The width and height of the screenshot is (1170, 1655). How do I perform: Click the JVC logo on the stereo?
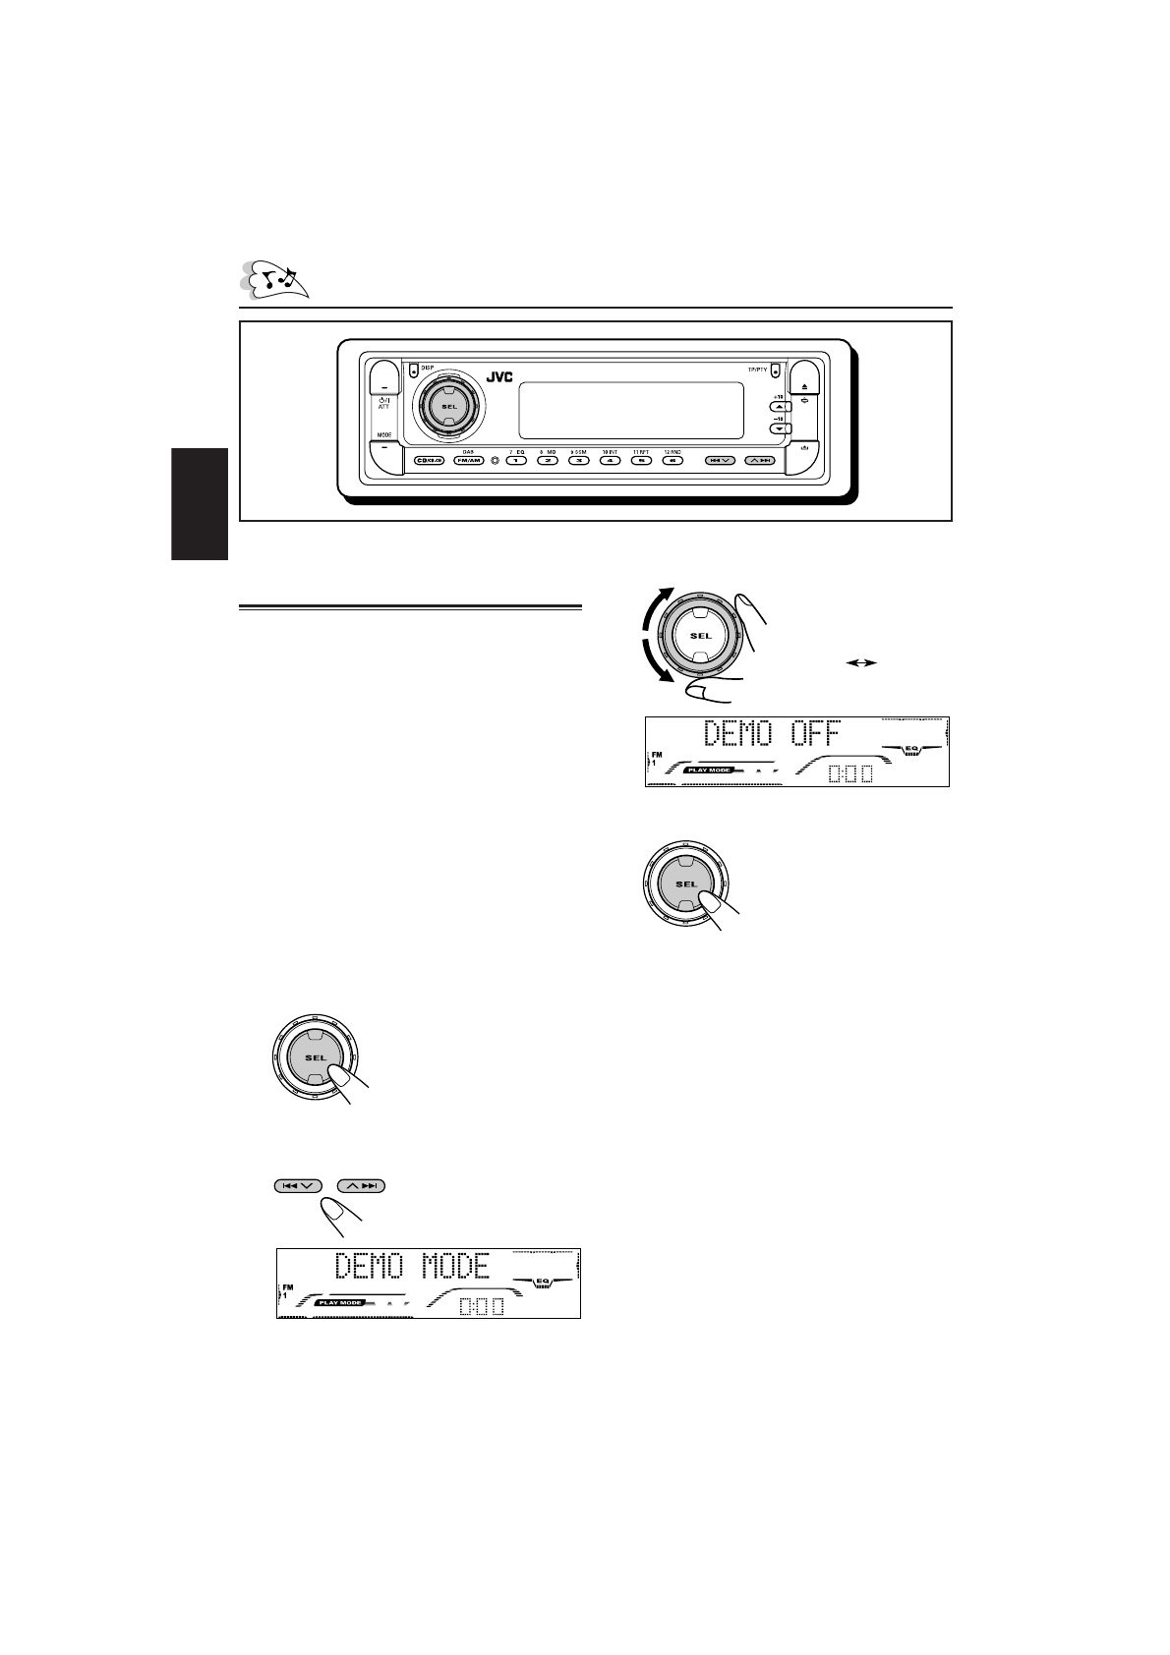coord(497,375)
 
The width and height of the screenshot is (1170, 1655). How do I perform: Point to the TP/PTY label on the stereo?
coord(757,369)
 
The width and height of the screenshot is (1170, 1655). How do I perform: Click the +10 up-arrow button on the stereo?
coord(779,405)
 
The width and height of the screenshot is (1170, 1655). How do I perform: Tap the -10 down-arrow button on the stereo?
coord(779,428)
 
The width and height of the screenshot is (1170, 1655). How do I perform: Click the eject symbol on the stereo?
coord(804,388)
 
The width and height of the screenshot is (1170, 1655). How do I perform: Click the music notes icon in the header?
coord(276,279)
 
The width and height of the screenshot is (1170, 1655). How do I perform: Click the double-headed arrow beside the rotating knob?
coord(860,662)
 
